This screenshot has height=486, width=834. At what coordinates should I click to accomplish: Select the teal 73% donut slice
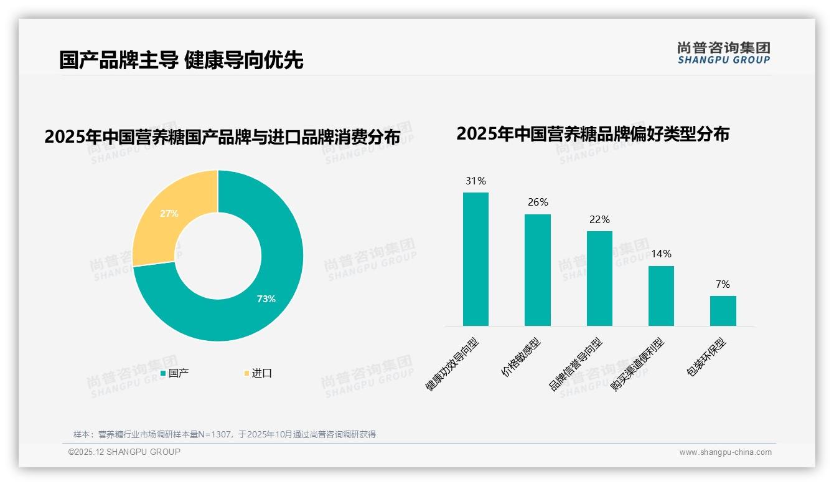pyautogui.click(x=268, y=293)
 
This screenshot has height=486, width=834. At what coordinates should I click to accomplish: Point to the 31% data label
pyautogui.click(x=476, y=181)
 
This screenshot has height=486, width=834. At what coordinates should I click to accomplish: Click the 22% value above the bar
pyautogui.click(x=599, y=219)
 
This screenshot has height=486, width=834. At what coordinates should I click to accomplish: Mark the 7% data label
pyautogui.click(x=723, y=284)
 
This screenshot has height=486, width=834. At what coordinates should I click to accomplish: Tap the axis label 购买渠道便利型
pyautogui.click(x=637, y=365)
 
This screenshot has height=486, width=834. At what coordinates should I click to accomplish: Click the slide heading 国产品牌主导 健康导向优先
pyautogui.click(x=181, y=60)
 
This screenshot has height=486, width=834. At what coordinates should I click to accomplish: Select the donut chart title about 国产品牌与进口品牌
pyautogui.click(x=222, y=136)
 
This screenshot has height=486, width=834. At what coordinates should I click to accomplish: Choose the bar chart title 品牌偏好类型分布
pyautogui.click(x=593, y=133)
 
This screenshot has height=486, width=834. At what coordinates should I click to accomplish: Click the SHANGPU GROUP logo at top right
pyautogui.click(x=724, y=53)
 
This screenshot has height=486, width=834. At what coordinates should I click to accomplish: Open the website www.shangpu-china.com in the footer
pyautogui.click(x=725, y=452)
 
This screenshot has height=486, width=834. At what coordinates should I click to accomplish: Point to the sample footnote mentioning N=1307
pyautogui.click(x=225, y=434)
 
